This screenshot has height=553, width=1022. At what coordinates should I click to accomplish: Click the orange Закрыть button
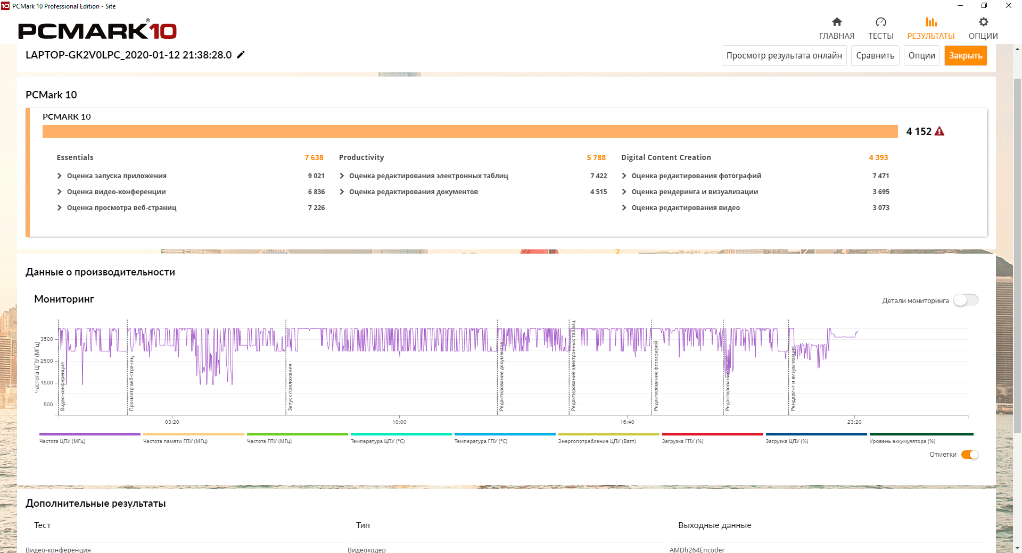(965, 56)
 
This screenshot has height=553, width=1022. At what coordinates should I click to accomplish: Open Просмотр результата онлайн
(784, 56)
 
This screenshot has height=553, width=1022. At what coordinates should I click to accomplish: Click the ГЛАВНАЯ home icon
(837, 22)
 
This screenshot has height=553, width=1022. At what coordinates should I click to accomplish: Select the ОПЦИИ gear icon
(983, 22)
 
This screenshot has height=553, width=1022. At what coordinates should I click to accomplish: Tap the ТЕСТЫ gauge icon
(881, 22)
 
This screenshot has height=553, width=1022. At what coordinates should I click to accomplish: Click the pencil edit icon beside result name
(241, 55)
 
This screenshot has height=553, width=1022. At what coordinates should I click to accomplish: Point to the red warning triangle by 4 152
(939, 131)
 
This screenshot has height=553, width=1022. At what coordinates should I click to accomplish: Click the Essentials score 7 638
(314, 157)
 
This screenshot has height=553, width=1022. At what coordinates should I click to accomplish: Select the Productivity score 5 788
(596, 157)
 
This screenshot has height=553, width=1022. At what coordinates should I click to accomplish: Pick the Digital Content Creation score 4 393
(878, 157)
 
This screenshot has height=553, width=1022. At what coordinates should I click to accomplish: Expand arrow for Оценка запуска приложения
(60, 176)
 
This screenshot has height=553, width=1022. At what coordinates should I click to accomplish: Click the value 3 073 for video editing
(880, 208)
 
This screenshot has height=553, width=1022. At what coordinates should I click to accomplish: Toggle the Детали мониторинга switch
(966, 300)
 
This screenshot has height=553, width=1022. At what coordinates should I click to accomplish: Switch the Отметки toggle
(970, 455)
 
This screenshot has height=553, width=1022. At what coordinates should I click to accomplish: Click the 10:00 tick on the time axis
(399, 422)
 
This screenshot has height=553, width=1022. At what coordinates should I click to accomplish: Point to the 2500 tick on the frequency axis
(47, 361)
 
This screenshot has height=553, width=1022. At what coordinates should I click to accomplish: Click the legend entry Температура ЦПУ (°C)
(377, 441)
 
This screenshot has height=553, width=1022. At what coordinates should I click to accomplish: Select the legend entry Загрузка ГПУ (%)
(682, 441)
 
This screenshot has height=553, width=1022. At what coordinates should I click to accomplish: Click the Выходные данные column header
(714, 525)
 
